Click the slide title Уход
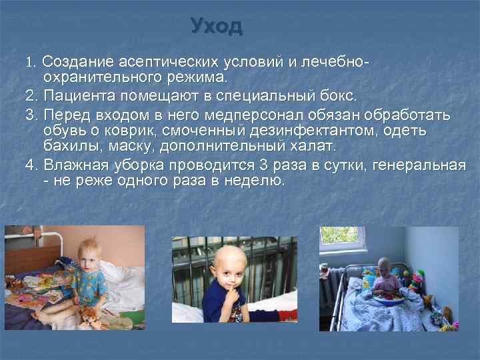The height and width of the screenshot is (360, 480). point(217,26)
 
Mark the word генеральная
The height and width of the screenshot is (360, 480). point(424,164)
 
